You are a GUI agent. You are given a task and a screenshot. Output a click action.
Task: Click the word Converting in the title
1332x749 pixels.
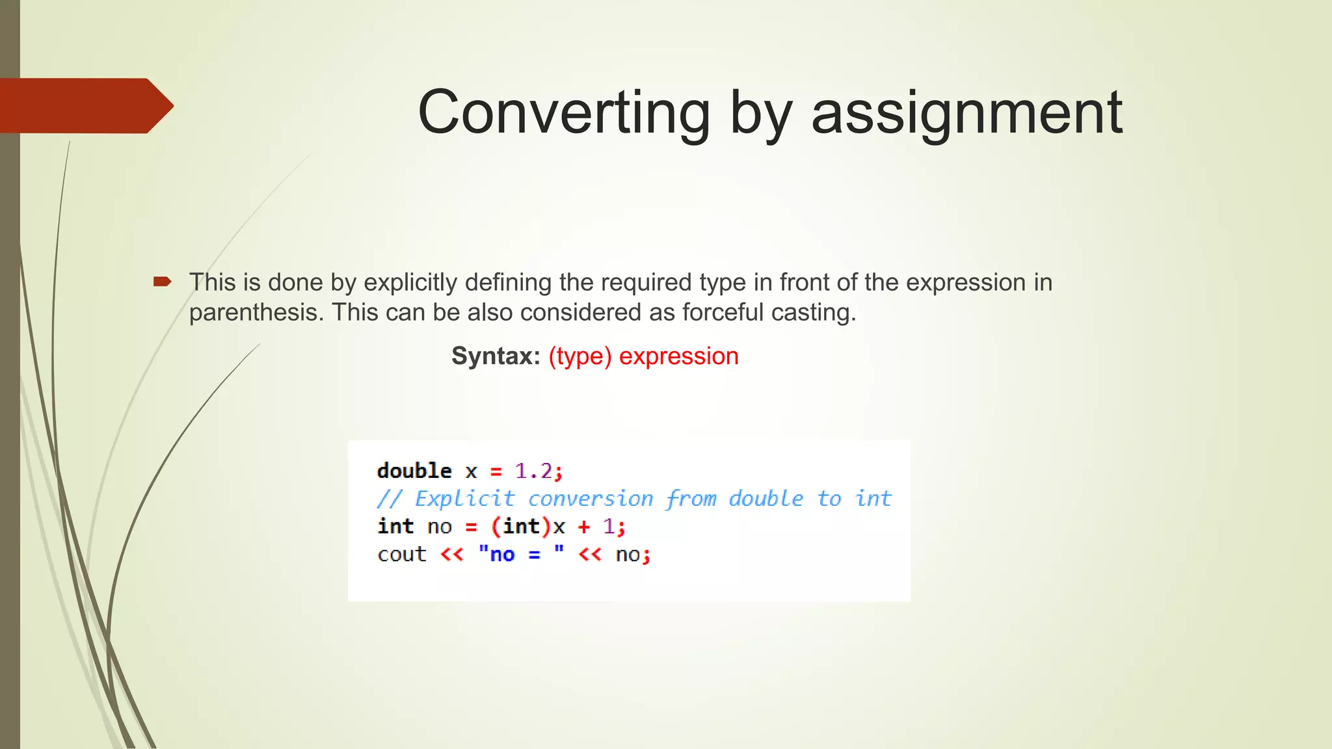(563, 113)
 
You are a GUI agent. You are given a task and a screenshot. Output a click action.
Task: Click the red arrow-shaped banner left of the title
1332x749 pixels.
(85, 105)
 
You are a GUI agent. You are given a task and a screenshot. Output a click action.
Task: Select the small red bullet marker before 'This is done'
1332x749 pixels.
(162, 282)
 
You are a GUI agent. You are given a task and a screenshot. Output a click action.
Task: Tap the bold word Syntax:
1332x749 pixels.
(496, 356)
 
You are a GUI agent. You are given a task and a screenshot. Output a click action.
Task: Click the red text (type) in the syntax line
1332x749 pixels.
(580, 356)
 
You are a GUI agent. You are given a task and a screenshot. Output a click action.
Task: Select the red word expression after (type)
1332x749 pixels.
(678, 356)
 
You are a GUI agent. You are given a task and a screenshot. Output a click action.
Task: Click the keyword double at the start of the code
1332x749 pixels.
(414, 471)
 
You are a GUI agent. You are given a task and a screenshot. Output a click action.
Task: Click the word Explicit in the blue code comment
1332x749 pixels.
(464, 499)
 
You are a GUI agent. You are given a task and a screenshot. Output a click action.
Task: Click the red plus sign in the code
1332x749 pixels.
(583, 526)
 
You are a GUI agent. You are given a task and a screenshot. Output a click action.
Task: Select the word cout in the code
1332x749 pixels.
(402, 555)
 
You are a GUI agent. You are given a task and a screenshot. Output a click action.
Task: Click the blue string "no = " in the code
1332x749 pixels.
(520, 555)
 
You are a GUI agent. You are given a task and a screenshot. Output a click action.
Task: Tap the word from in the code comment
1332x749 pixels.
(690, 499)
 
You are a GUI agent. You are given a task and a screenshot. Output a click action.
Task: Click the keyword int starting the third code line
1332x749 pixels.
(395, 526)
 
